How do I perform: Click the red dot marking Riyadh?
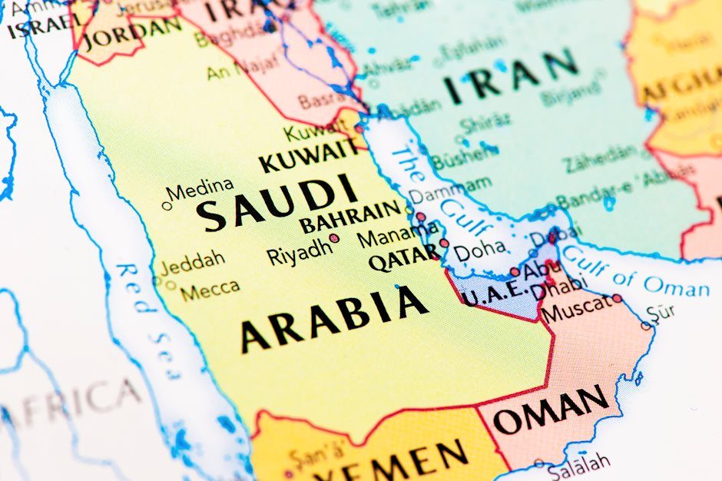click(x=334, y=238)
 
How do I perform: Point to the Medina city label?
click(x=200, y=188)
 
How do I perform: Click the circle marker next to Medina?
click(x=166, y=205)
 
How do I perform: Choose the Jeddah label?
click(x=193, y=260)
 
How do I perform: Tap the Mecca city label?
click(x=210, y=290)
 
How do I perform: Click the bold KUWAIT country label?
click(x=309, y=156)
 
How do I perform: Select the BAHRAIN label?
click(x=350, y=217)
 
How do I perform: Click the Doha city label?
click(x=479, y=249)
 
